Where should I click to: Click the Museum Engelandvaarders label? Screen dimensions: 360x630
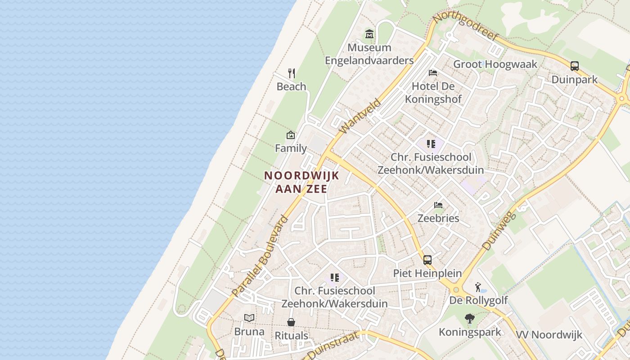(x=369, y=54)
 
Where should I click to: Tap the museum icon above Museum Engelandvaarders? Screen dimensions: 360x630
(x=369, y=34)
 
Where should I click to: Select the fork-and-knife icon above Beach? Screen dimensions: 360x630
(x=292, y=73)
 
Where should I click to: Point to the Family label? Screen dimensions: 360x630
(x=291, y=148)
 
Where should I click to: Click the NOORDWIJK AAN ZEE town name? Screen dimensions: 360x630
(x=301, y=182)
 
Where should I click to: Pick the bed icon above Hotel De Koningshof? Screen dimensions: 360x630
(x=433, y=72)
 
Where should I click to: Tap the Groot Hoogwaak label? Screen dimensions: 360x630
(x=495, y=64)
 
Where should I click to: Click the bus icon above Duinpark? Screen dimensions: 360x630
(x=575, y=66)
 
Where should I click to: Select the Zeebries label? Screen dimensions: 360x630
(x=438, y=218)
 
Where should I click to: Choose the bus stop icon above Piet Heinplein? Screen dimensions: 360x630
(x=427, y=260)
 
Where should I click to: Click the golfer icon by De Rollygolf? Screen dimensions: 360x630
(x=478, y=287)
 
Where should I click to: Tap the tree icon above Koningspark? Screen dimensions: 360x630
(x=470, y=319)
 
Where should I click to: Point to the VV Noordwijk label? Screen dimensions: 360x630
(x=549, y=335)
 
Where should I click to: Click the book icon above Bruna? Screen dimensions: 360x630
(x=249, y=318)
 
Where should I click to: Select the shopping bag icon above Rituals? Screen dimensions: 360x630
(x=291, y=322)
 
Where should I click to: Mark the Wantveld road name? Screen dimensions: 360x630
(x=360, y=116)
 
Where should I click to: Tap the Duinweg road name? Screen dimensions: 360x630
(x=498, y=230)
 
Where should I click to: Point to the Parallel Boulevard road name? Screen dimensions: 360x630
(x=261, y=256)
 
